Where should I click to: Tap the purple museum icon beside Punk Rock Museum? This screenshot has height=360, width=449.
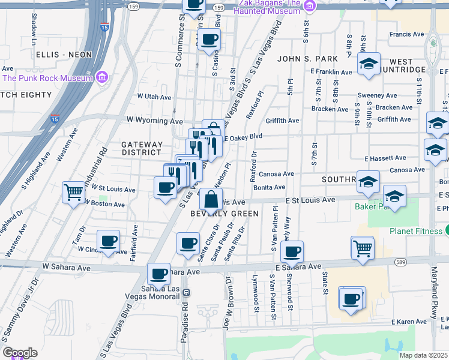[x=101, y=77]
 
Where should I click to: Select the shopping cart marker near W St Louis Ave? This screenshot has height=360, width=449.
[x=73, y=193]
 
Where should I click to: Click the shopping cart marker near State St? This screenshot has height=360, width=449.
[x=363, y=247]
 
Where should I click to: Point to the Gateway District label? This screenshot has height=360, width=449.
[x=142, y=148]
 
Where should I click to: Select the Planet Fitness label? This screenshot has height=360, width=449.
[x=414, y=231]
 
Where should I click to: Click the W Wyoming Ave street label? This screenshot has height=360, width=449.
[x=154, y=121]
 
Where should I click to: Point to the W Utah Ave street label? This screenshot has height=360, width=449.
[x=154, y=97]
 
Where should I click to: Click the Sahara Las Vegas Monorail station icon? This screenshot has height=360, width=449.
[x=186, y=292]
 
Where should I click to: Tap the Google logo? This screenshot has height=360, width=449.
[x=19, y=353]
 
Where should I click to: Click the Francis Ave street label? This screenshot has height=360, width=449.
[x=407, y=35]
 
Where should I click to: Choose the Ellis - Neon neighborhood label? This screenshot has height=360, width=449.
[x=64, y=55]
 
